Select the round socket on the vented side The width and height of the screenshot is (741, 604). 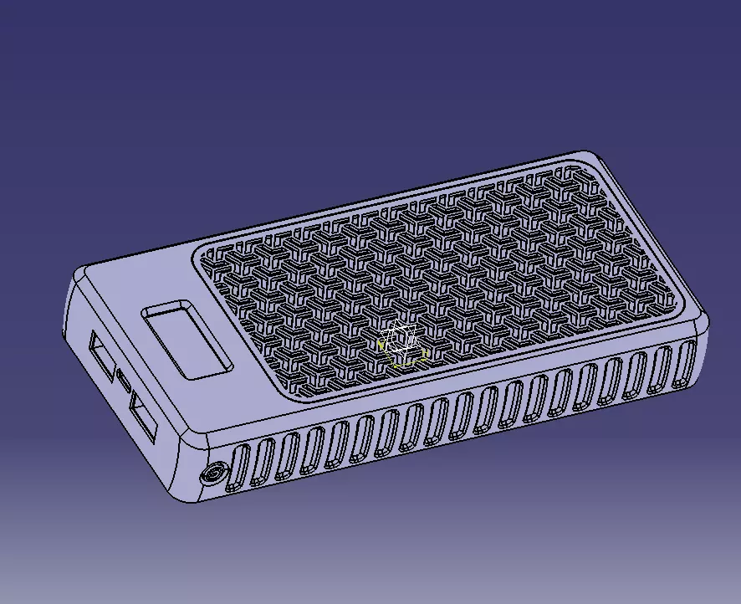[x=212, y=474]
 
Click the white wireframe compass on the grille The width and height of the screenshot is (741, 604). [x=400, y=340]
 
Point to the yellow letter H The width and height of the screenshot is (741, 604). [x=424, y=354]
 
